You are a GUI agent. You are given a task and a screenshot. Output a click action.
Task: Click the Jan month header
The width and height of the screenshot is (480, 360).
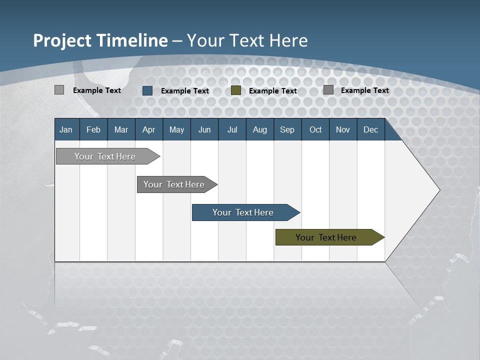(x=66, y=129)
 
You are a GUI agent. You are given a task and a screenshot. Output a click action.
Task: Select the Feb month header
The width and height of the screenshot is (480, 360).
(x=93, y=129)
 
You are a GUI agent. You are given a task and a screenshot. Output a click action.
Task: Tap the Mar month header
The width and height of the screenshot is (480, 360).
(x=121, y=129)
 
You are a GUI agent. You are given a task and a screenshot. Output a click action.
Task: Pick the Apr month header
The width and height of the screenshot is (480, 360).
(x=149, y=129)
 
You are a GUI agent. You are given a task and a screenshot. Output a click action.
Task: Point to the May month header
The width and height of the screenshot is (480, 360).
(x=176, y=129)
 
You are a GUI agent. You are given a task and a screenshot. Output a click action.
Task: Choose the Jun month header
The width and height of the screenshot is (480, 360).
(x=204, y=129)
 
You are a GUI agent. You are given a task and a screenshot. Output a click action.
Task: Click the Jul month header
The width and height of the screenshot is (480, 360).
(x=232, y=129)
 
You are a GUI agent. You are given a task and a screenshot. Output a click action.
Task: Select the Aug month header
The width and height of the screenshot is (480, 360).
(x=260, y=129)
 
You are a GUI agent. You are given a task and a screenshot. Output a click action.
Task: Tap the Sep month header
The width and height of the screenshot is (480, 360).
(x=287, y=129)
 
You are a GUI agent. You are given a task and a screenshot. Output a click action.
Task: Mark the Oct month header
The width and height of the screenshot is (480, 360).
(x=315, y=129)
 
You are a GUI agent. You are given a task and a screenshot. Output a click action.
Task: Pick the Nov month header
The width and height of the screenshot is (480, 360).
(x=343, y=129)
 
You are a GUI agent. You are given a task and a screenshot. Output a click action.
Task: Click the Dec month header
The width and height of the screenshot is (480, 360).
(x=371, y=129)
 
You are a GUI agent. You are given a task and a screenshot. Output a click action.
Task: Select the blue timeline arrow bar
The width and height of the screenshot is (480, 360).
(x=243, y=212)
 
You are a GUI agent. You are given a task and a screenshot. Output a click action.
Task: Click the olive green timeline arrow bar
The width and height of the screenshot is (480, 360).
(x=326, y=237)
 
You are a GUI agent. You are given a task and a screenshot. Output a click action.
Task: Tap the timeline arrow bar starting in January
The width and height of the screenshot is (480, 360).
(x=105, y=156)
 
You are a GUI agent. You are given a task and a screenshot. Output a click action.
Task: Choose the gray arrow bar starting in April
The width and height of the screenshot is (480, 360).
(x=174, y=184)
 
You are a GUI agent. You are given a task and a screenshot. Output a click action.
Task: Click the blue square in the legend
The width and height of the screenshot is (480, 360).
(x=147, y=90)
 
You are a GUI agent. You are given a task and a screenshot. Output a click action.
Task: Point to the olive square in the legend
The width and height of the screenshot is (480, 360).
(x=236, y=90)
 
